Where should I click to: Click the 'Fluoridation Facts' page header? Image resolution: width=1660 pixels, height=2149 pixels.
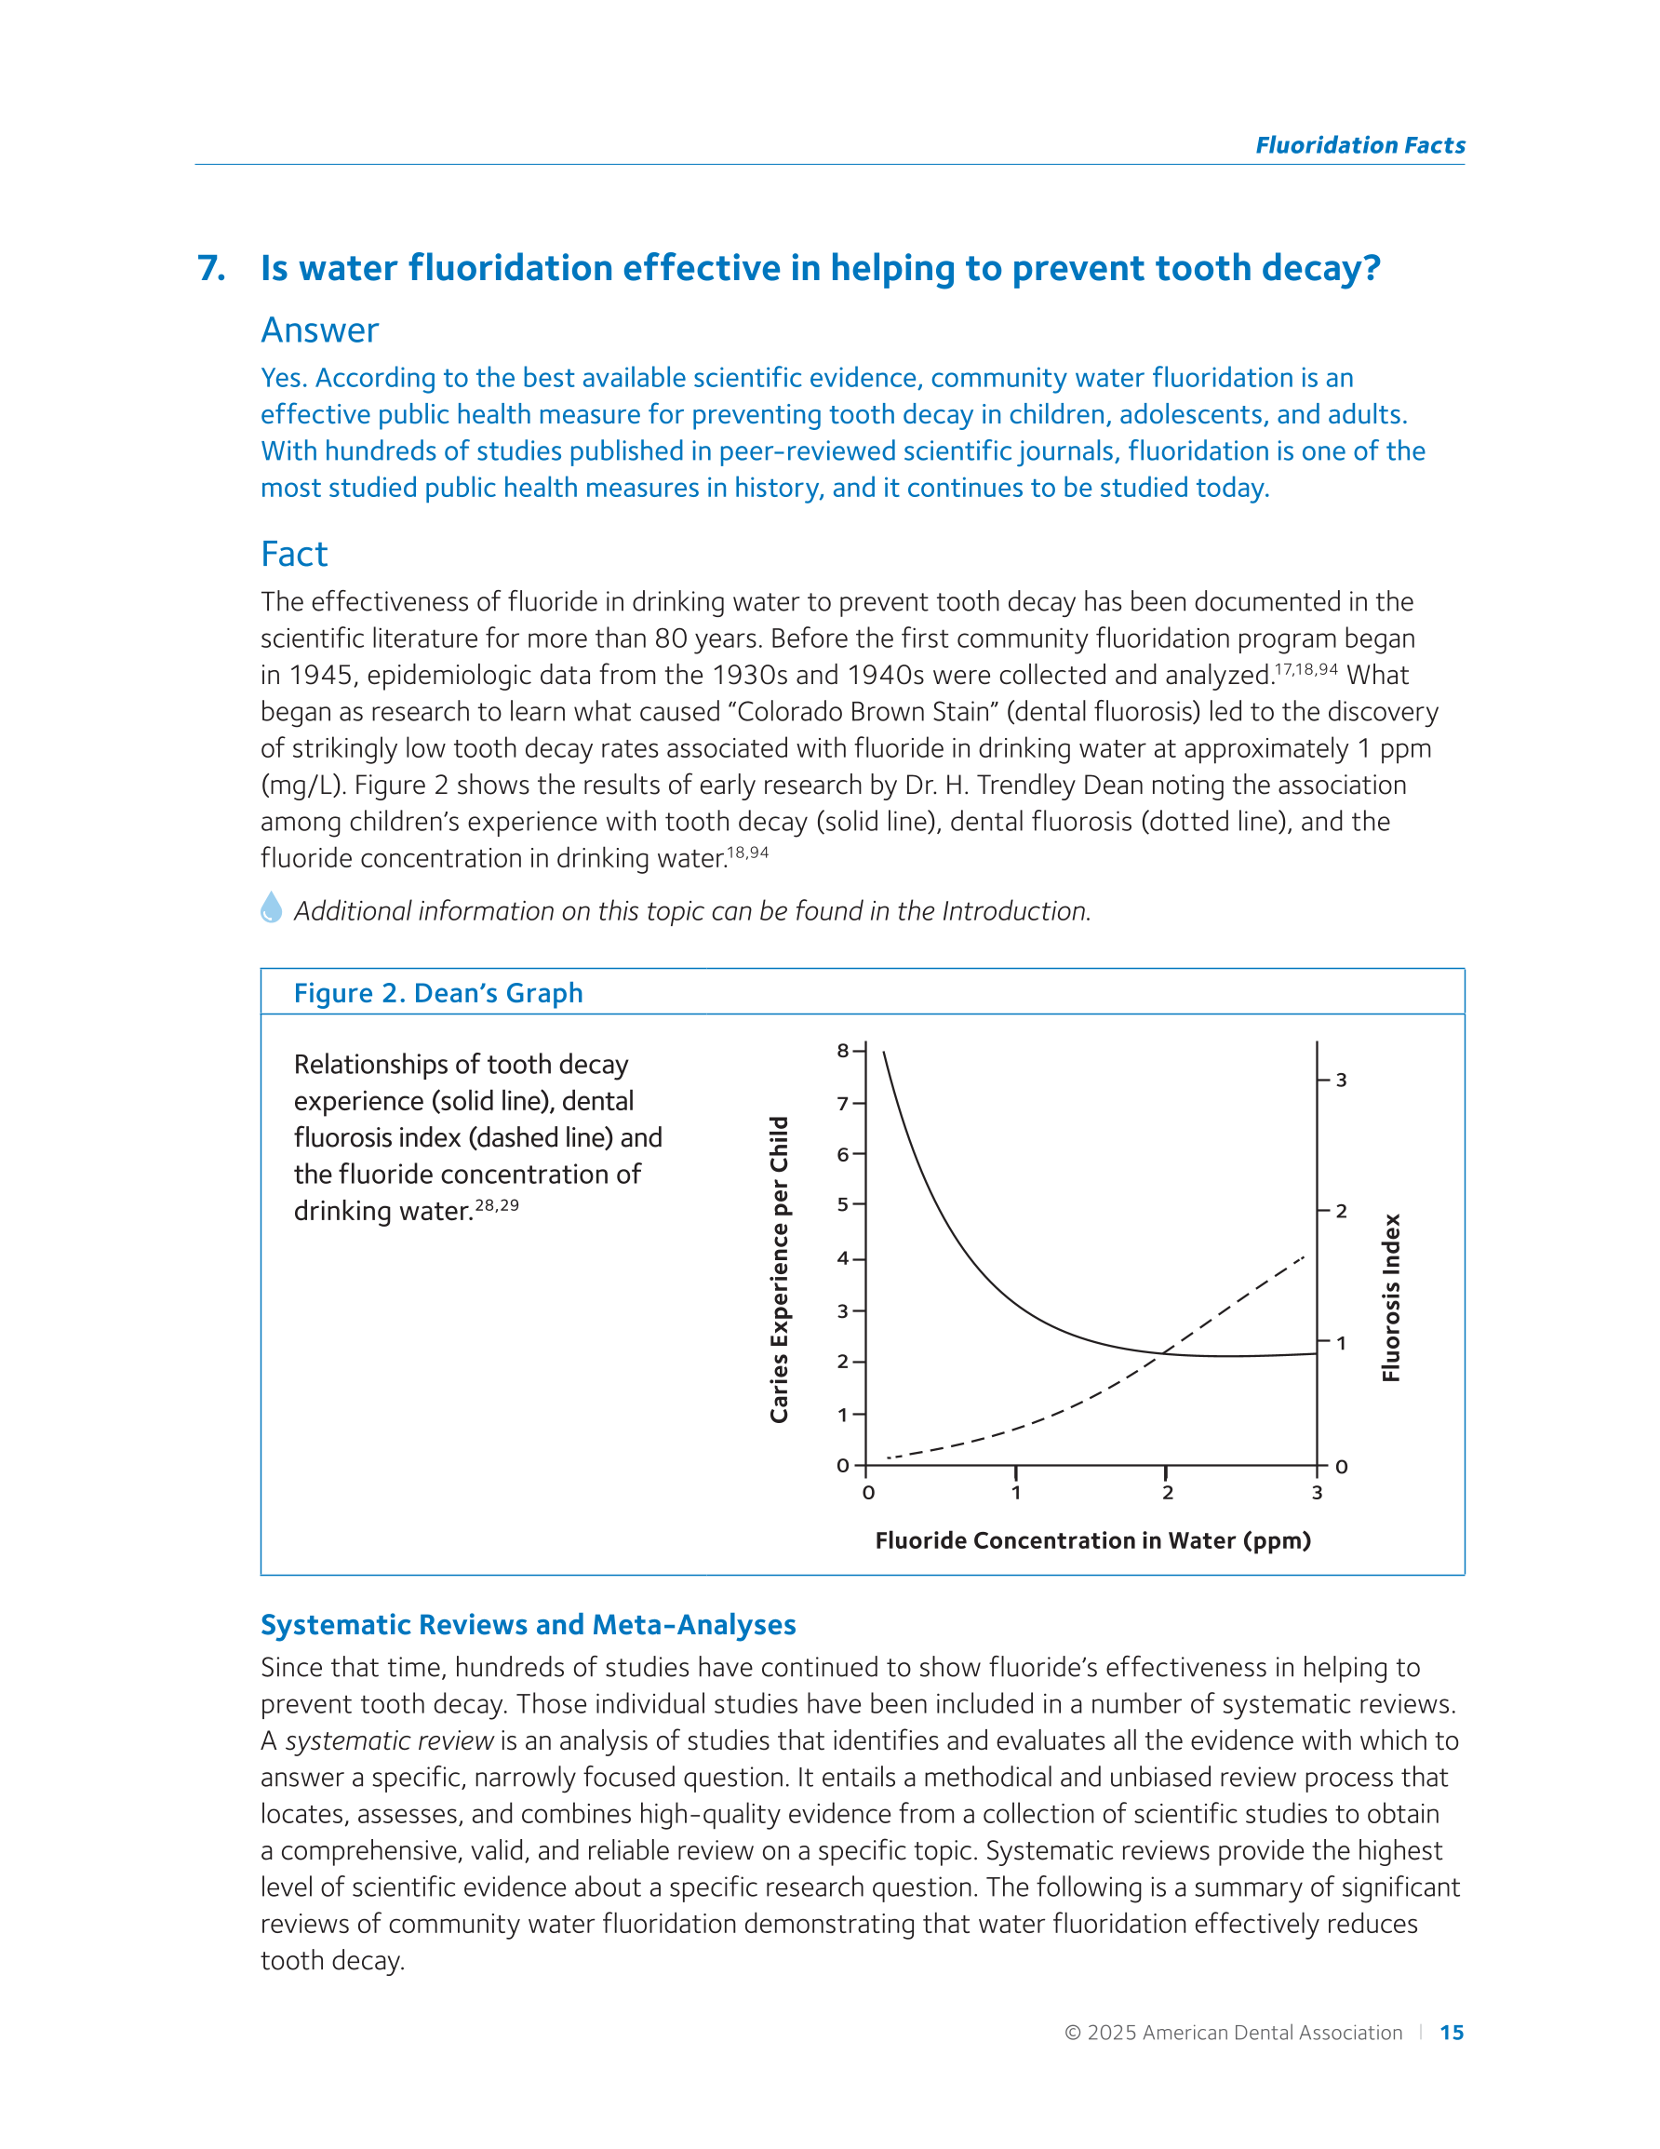[1359, 145]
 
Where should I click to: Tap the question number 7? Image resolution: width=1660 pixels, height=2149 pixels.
[211, 269]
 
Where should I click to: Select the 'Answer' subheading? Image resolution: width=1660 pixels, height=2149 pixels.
[319, 330]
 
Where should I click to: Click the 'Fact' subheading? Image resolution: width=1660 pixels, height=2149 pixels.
[293, 554]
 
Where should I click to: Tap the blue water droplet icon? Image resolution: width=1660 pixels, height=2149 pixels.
[272, 907]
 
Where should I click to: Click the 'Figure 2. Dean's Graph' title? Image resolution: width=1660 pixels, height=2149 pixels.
[438, 993]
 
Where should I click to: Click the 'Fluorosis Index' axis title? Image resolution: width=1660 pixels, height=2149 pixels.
[1390, 1296]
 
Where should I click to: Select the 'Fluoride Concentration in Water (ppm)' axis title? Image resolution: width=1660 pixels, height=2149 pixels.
[1092, 1541]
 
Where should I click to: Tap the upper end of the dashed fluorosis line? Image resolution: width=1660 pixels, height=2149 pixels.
[1303, 1257]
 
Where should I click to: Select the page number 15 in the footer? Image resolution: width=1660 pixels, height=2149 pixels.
[1452, 2033]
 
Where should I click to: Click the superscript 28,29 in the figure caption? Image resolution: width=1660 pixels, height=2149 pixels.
[497, 1205]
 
